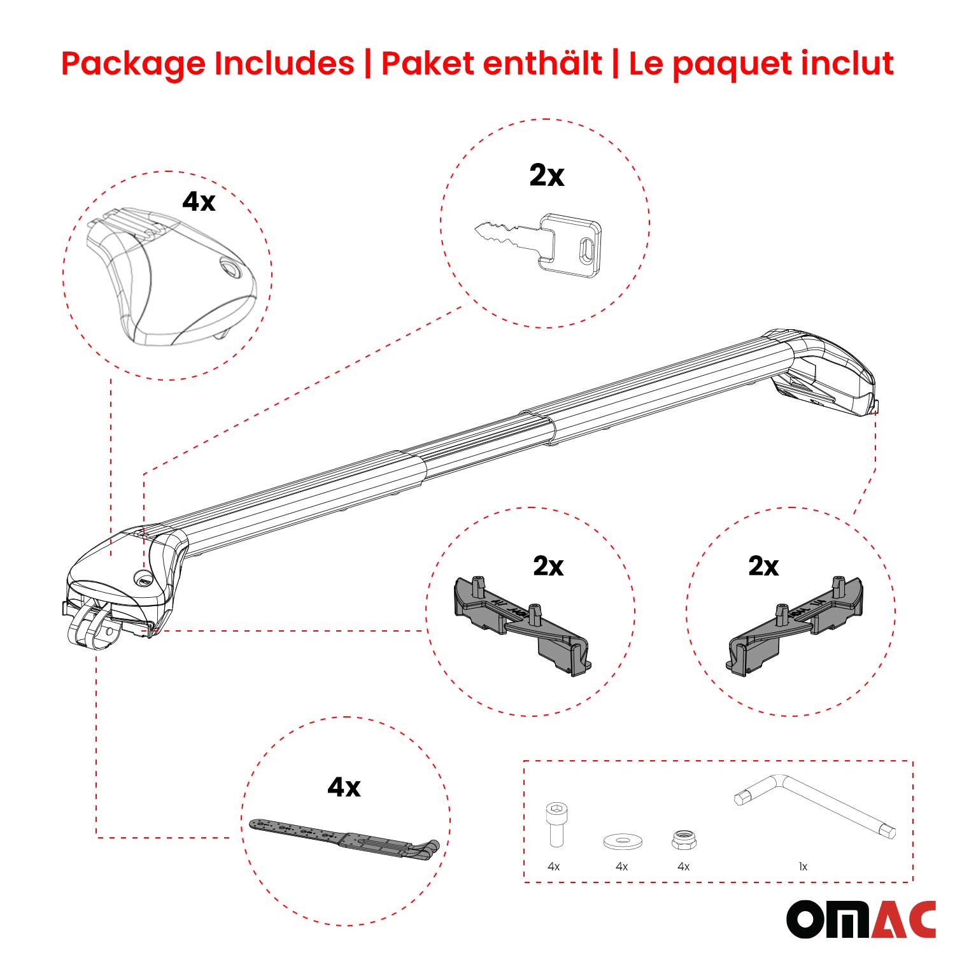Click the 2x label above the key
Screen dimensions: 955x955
click(x=546, y=175)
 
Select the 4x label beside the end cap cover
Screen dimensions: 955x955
click(x=199, y=202)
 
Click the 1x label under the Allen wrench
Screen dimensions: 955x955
click(x=803, y=867)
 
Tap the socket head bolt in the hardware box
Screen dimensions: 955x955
click(x=555, y=824)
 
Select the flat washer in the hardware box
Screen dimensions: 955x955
click(x=622, y=841)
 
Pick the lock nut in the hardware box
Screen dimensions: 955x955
click(x=684, y=839)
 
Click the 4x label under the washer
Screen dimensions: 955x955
click(x=621, y=867)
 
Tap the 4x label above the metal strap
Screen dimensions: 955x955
click(x=344, y=788)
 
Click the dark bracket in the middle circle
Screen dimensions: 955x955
click(x=522, y=624)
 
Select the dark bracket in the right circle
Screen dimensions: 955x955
click(x=796, y=624)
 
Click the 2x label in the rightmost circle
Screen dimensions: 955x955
click(x=763, y=566)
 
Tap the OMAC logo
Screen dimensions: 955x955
click(x=861, y=919)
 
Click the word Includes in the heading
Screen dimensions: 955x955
click(x=283, y=64)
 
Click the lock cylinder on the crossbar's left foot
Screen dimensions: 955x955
click(x=143, y=578)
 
